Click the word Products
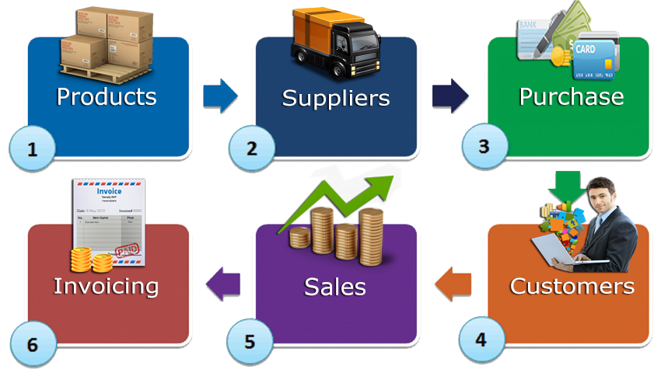(107, 97)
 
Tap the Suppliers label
(335, 98)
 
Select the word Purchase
(571, 96)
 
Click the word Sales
(334, 286)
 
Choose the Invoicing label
(106, 285)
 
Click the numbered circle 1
(32, 148)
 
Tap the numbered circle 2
(251, 148)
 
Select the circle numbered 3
(484, 146)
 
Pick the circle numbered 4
(481, 340)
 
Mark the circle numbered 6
(32, 343)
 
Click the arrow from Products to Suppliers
(219, 95)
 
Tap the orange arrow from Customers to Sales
(453, 284)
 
